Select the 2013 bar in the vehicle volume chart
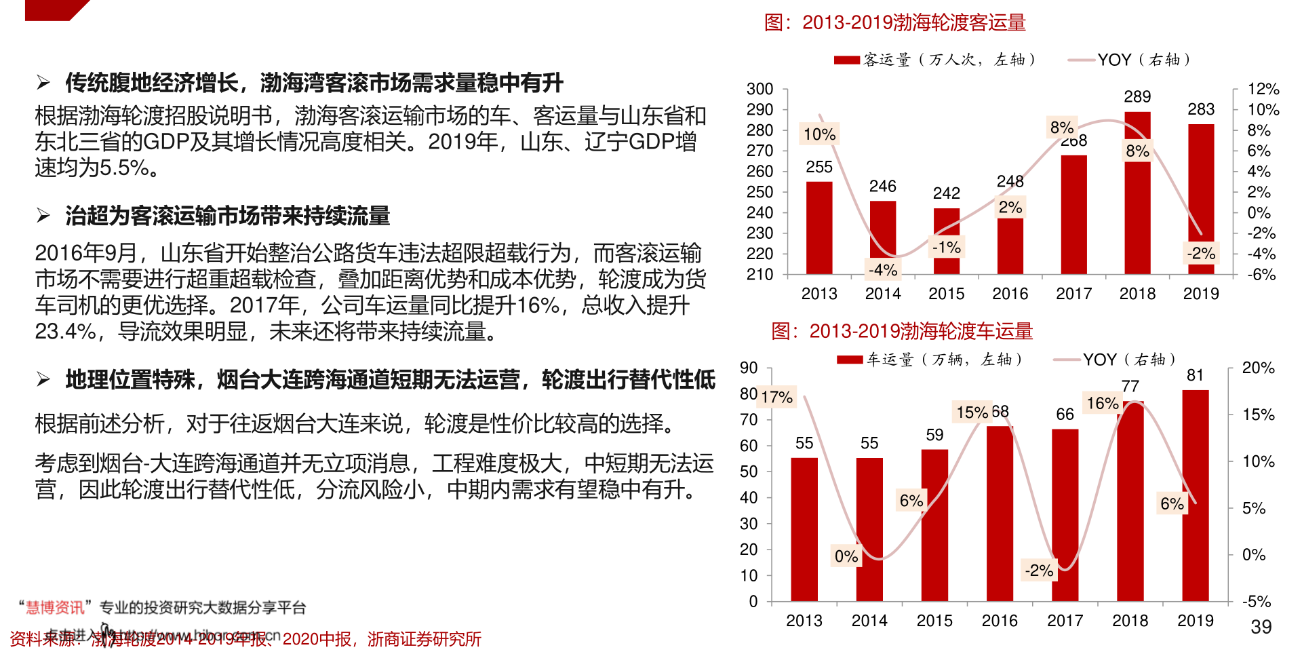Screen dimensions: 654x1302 pos(804,529)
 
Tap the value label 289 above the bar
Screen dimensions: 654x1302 pos(1137,97)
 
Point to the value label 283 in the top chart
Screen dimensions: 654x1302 pos(1201,110)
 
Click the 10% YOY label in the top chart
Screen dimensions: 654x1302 pos(819,134)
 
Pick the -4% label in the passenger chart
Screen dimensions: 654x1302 pos(883,270)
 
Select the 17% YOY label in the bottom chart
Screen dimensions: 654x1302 pos(776,397)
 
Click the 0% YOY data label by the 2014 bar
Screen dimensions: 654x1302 pos(846,556)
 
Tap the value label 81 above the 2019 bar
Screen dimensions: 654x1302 pos(1195,376)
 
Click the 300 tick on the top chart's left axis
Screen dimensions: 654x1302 pos(759,89)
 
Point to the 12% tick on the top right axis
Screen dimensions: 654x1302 pos(1263,89)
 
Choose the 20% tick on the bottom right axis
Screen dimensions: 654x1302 pos(1258,368)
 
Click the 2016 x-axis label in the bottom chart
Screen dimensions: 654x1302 pos(1000,621)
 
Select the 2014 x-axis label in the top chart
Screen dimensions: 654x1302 pos(883,294)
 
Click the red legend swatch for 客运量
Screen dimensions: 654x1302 pos(847,60)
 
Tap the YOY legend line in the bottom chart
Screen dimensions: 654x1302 pos(1066,360)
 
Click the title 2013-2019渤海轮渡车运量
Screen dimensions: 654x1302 pos(902,331)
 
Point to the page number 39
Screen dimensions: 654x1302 pos(1261,627)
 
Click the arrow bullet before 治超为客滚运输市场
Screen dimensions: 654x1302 pos(44,216)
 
